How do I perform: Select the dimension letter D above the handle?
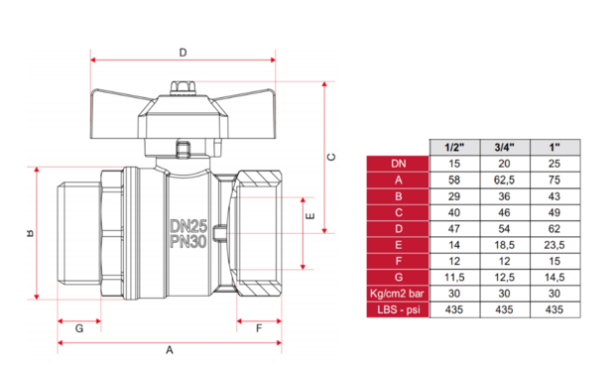click(x=183, y=52)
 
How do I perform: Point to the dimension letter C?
click(x=333, y=156)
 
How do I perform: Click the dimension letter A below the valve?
click(x=169, y=350)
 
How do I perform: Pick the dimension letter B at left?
click(x=30, y=234)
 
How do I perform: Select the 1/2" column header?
click(x=453, y=147)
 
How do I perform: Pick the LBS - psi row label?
click(x=397, y=310)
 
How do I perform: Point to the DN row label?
click(x=397, y=163)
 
